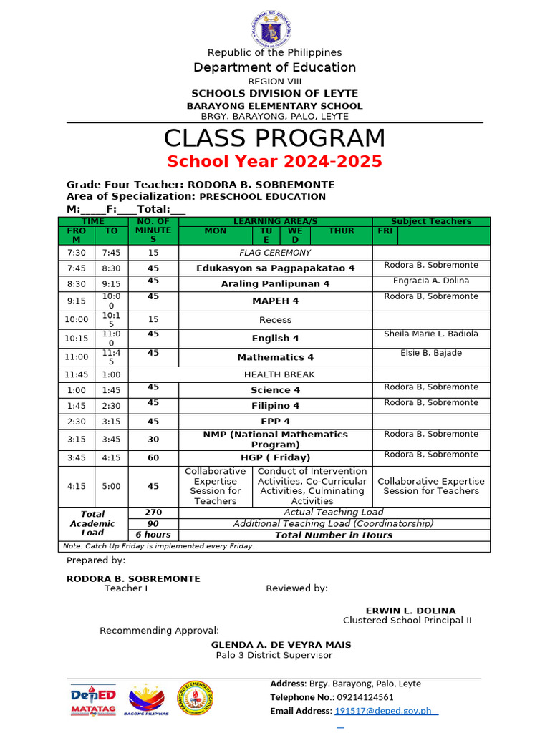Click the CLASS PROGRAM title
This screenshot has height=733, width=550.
(x=274, y=138)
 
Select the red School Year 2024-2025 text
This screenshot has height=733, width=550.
(x=274, y=161)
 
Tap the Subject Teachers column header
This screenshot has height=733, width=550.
(x=430, y=221)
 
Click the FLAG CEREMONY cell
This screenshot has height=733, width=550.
(x=275, y=253)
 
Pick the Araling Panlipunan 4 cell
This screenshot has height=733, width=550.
(x=275, y=284)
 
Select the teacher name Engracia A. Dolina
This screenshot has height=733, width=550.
(x=430, y=281)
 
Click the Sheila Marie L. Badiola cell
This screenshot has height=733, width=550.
(x=430, y=334)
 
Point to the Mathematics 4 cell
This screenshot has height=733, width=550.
(x=275, y=357)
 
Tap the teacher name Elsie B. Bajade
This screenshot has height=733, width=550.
(x=430, y=353)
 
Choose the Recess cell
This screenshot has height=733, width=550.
(x=275, y=320)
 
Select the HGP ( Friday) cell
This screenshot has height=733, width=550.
(x=275, y=457)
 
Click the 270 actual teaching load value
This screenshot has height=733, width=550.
(x=153, y=513)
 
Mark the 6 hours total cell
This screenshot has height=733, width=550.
(x=153, y=535)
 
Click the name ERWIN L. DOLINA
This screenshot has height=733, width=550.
(x=410, y=611)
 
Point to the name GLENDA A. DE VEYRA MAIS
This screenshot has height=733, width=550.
(x=281, y=645)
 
